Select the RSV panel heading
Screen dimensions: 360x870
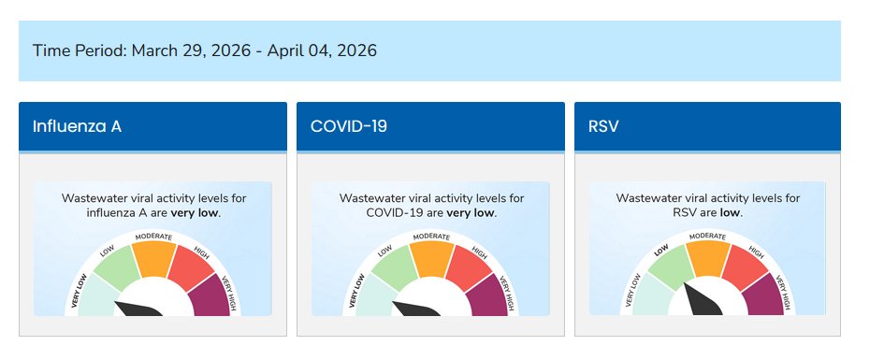click(604, 126)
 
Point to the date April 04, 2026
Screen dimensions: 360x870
click(322, 50)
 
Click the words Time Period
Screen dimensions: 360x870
click(78, 50)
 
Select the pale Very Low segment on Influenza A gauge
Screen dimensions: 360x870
click(97, 299)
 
